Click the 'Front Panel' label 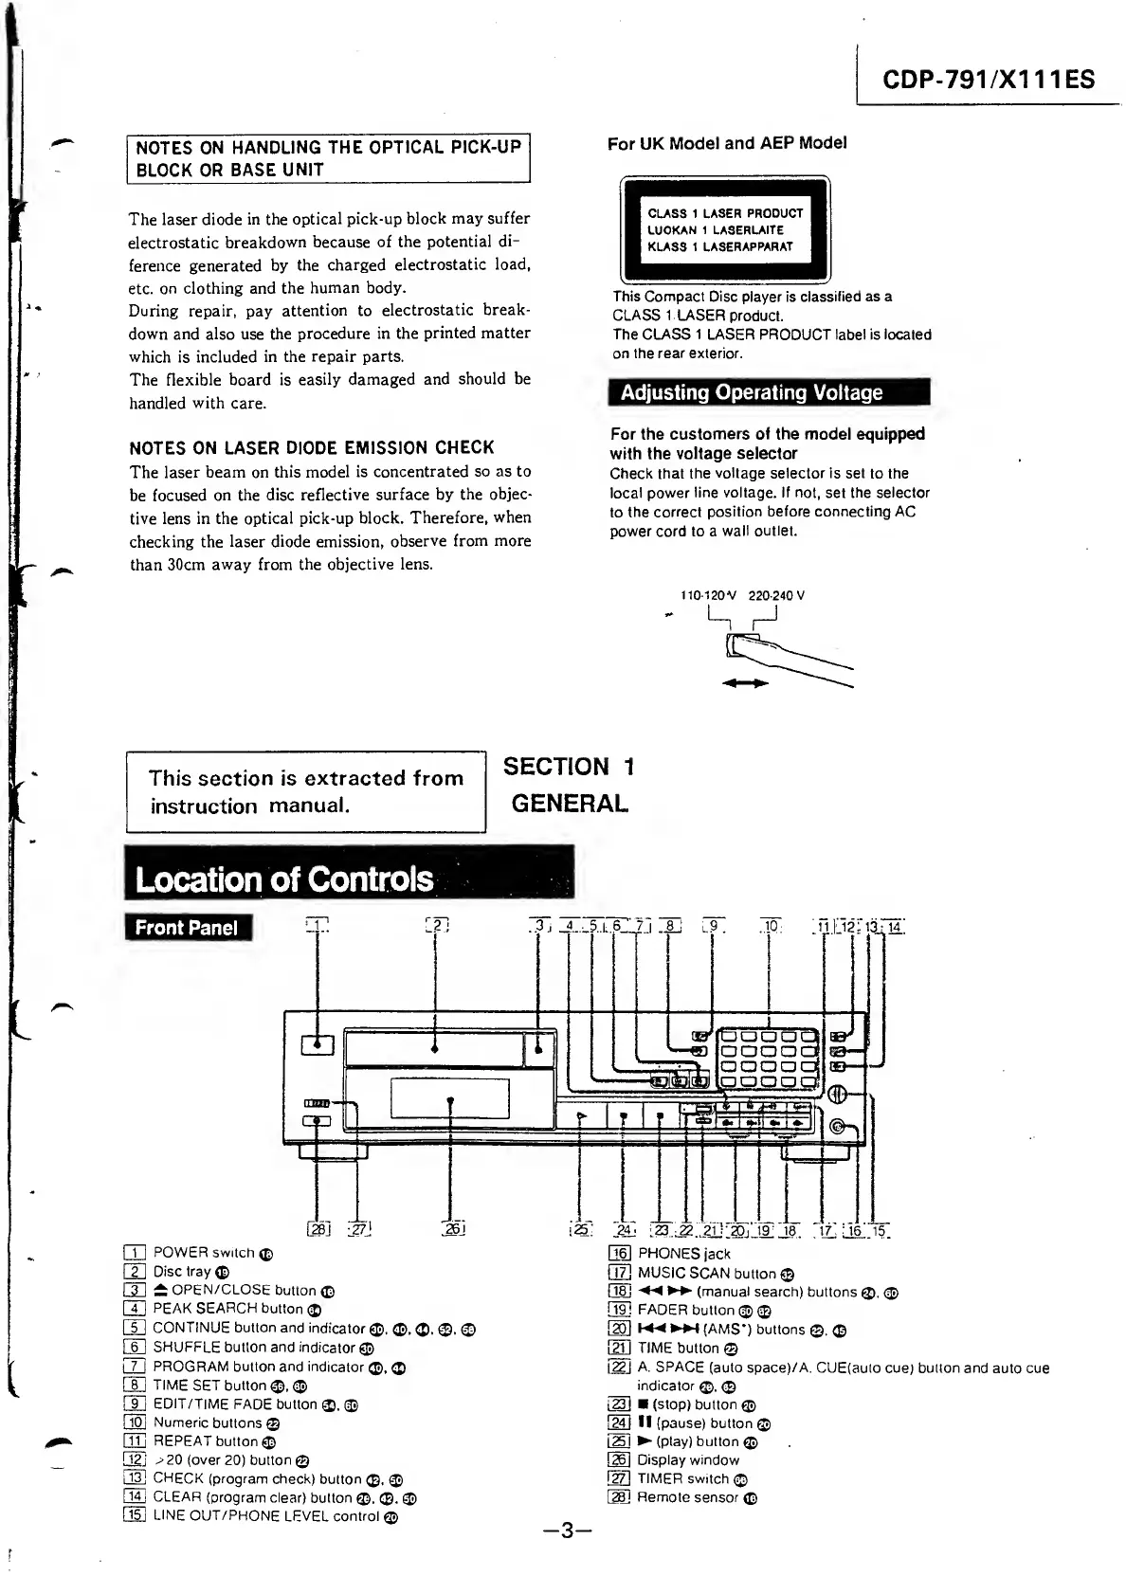(188, 927)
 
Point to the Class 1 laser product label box (725, 230)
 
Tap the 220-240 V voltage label (776, 596)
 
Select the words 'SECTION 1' (569, 767)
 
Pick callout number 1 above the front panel (318, 926)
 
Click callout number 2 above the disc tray (437, 926)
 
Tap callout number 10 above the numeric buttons (772, 926)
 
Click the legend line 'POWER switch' (203, 1253)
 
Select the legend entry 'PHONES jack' (682, 1254)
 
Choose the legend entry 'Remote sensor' (687, 1497)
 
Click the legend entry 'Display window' (687, 1460)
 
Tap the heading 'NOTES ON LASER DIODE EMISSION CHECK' (312, 447)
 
